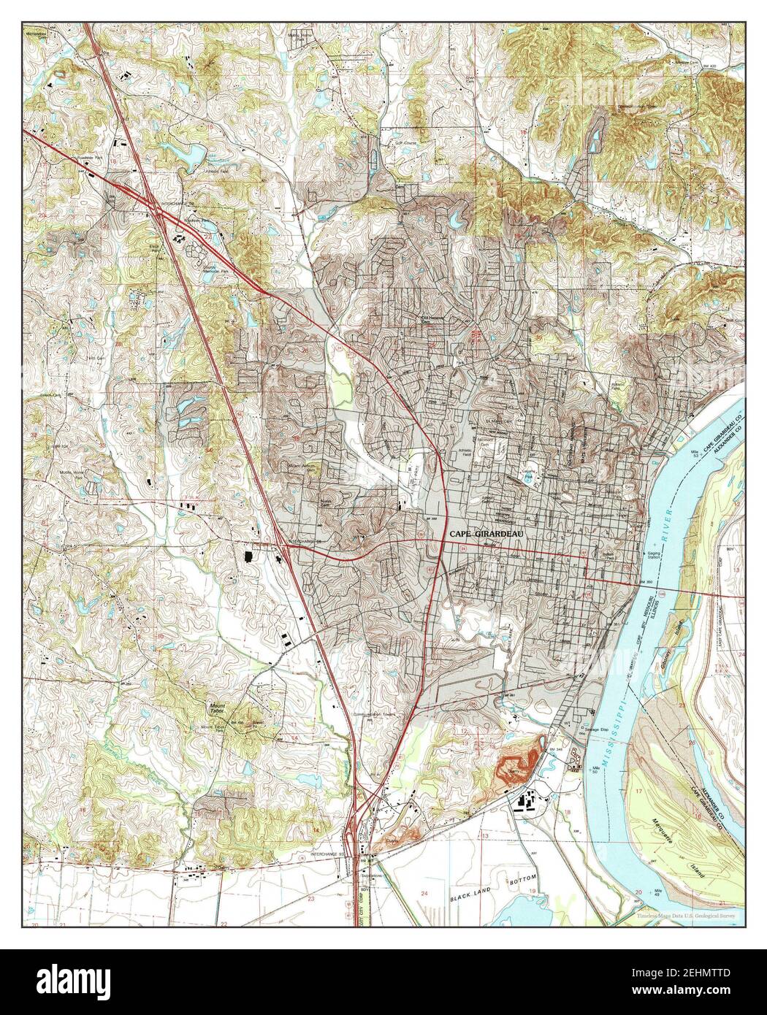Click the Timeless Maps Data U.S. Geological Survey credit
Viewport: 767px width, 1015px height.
click(x=685, y=916)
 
